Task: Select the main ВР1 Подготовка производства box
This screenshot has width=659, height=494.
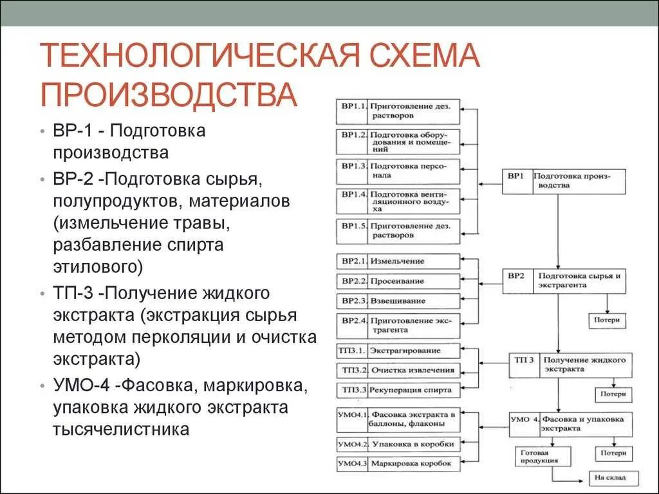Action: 564,181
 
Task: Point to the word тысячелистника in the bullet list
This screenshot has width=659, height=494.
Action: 122,430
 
